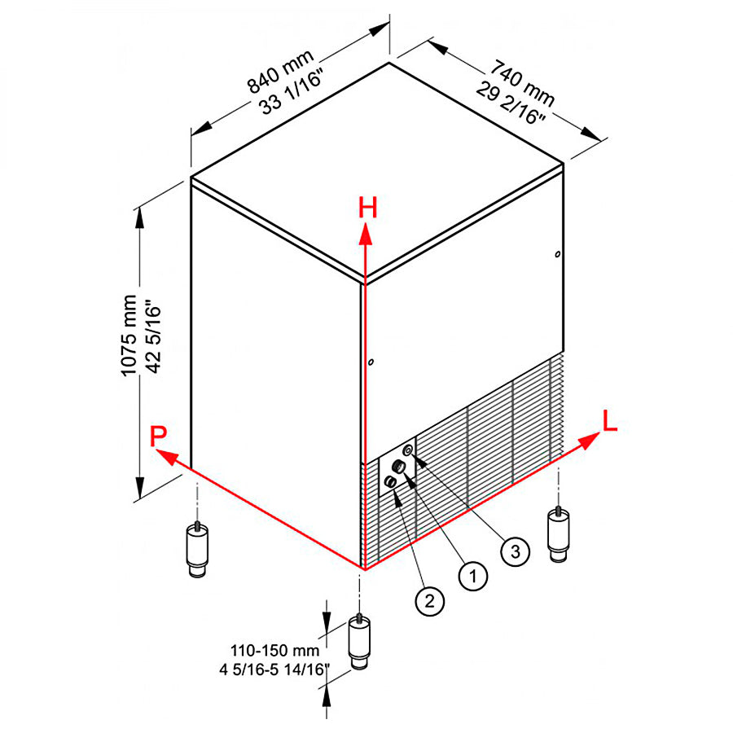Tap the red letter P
pyautogui.click(x=159, y=437)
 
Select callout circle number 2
pyautogui.click(x=429, y=601)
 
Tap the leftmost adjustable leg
pyautogui.click(x=197, y=550)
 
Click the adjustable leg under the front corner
pyautogui.click(x=358, y=643)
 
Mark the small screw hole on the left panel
pyautogui.click(x=371, y=362)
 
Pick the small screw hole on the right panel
pyautogui.click(x=557, y=255)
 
